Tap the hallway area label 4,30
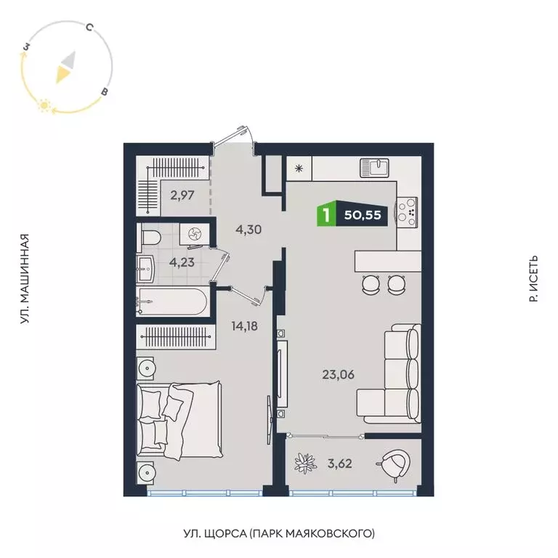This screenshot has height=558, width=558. tap(248, 230)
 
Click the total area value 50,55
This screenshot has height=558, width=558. tap(367, 215)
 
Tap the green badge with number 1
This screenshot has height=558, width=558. tap(327, 215)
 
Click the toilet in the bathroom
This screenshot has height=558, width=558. tap(150, 238)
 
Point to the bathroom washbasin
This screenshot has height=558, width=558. tap(146, 270)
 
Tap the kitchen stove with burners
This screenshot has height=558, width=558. tap(407, 209)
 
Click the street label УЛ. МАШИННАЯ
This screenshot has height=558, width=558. tap(26, 279)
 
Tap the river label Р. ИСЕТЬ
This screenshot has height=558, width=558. tap(534, 279)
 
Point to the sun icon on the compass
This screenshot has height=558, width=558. tap(44, 107)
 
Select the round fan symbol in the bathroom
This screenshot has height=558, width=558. tap(195, 234)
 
